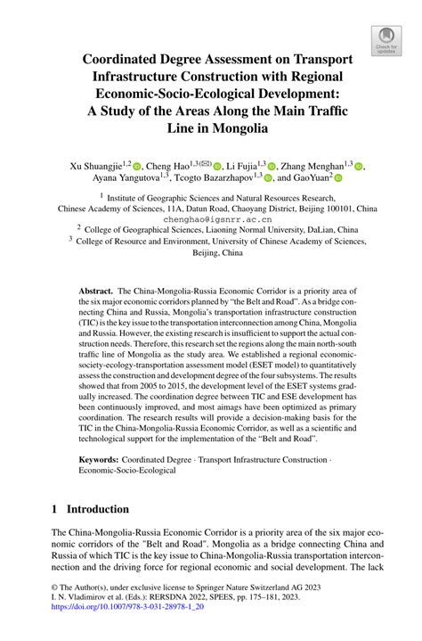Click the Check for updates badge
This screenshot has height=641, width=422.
(385, 38)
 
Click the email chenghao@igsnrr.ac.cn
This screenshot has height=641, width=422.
(211, 218)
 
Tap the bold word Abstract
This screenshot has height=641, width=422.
(95, 292)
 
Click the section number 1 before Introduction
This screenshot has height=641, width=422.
(54, 509)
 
